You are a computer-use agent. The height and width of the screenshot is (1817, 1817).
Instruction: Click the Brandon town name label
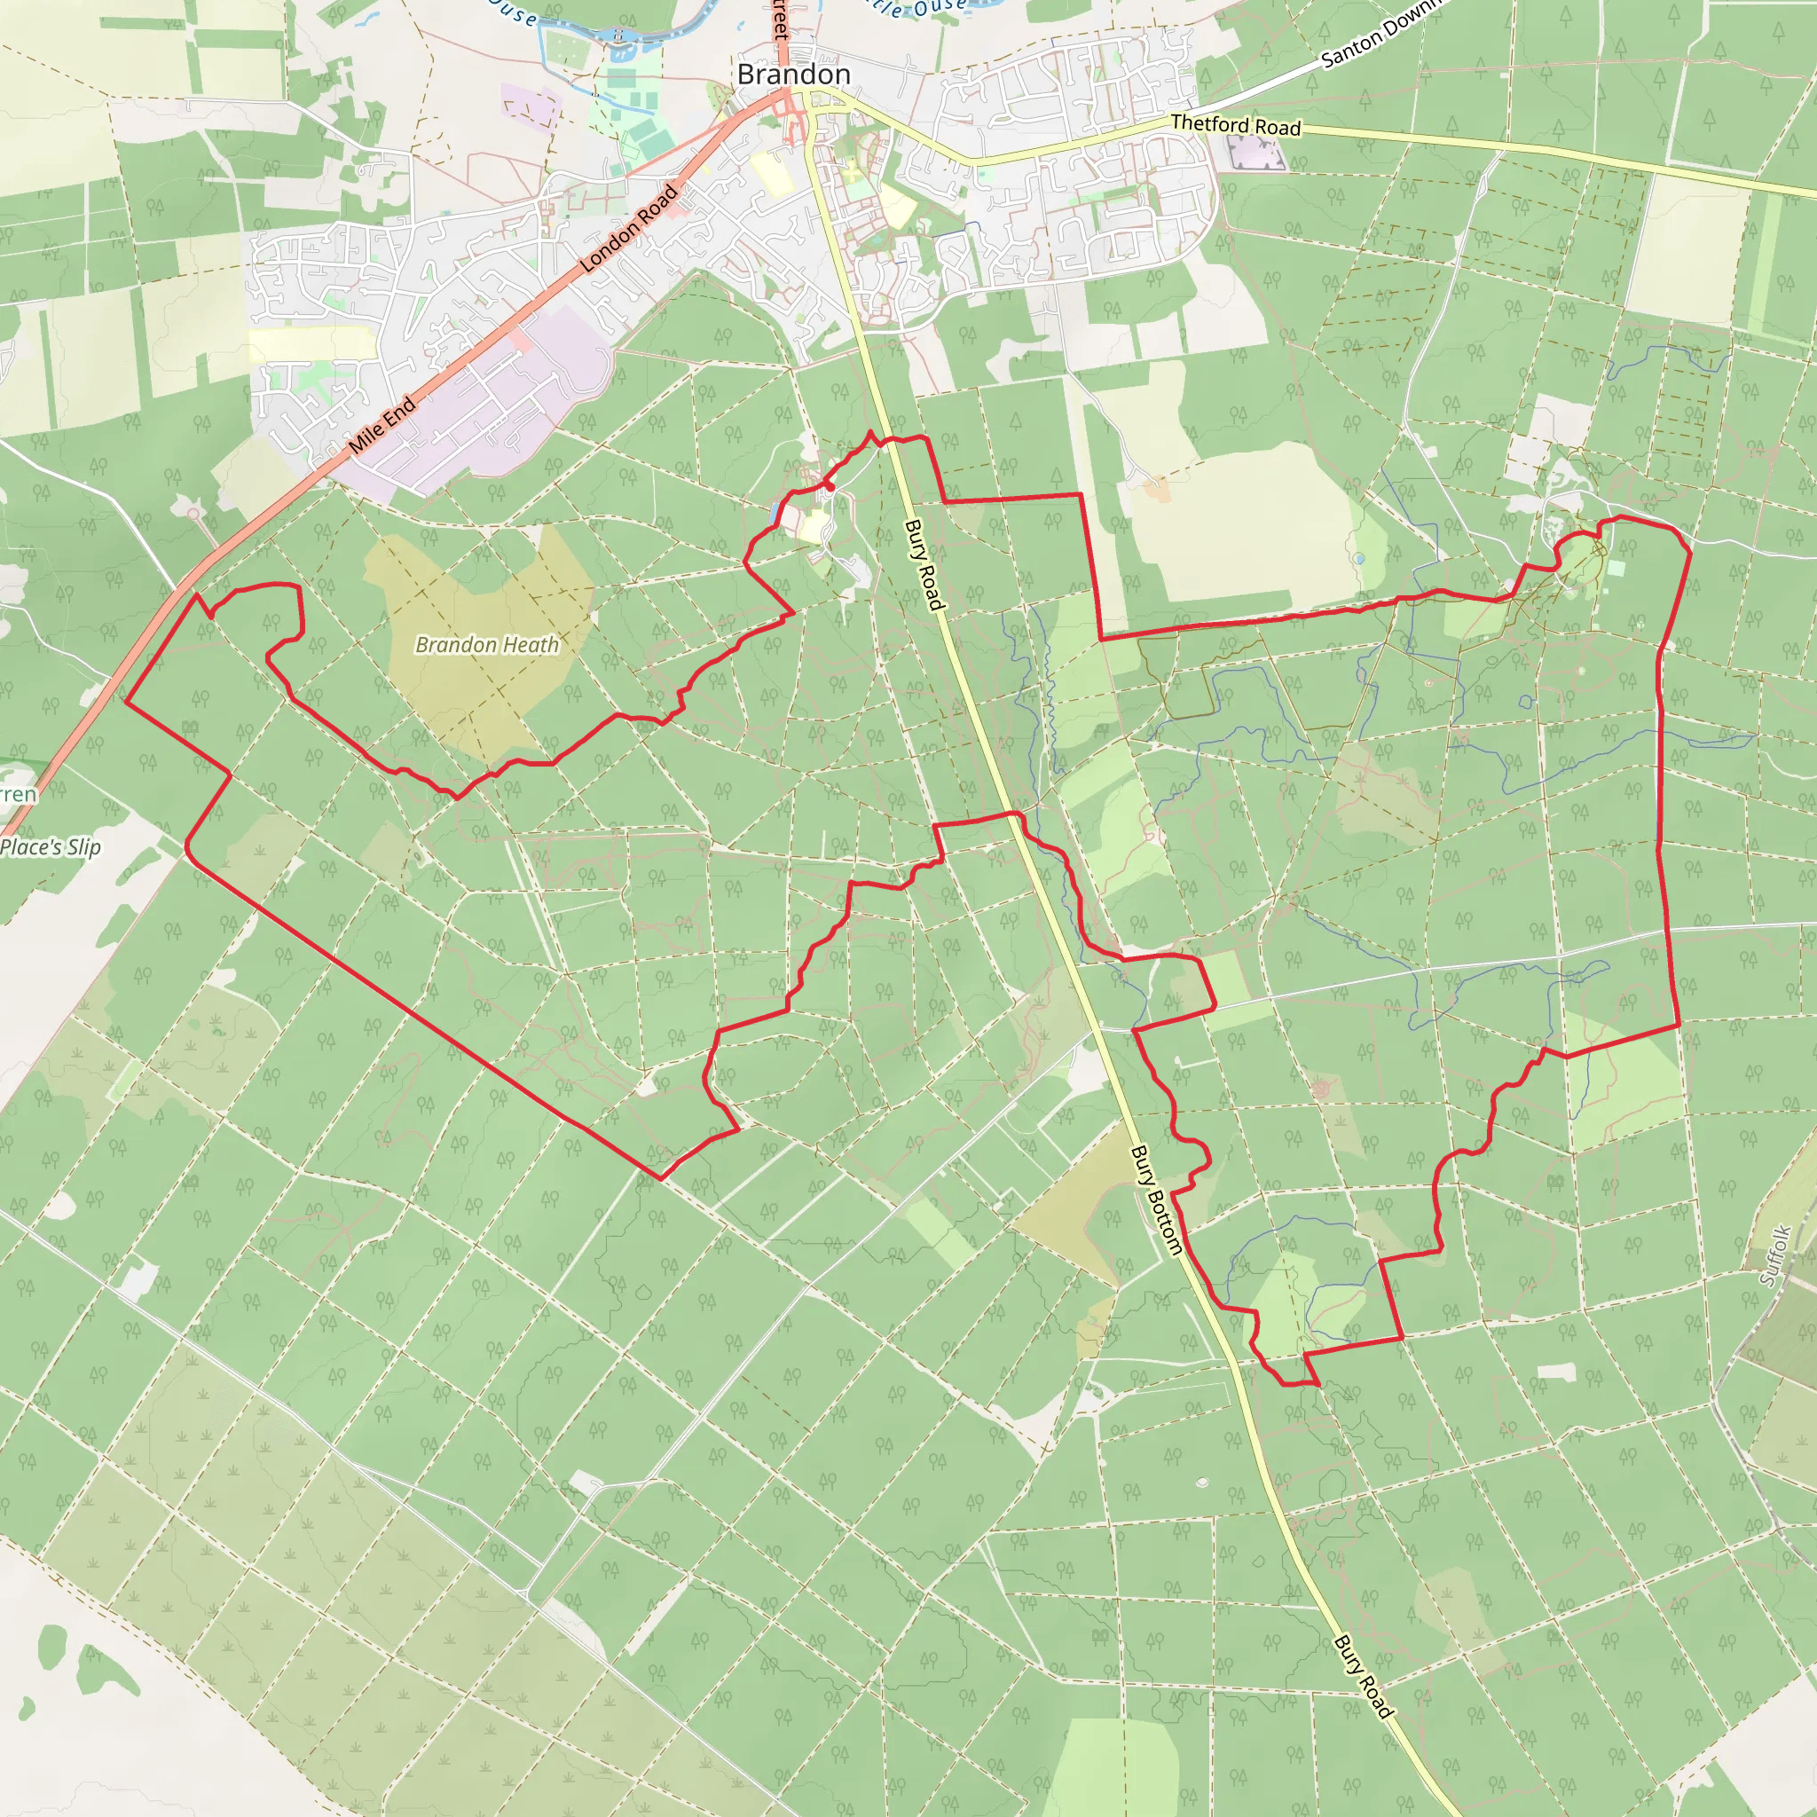tap(793, 75)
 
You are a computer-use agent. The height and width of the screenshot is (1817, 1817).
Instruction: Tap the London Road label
tap(628, 229)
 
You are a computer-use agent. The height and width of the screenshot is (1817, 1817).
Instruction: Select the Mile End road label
tap(381, 425)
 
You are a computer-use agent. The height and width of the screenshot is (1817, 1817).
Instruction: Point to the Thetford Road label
tap(1235, 125)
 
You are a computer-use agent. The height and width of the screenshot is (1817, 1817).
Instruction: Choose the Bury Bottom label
tap(1156, 1200)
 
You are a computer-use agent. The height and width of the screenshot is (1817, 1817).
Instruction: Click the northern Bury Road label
tap(924, 565)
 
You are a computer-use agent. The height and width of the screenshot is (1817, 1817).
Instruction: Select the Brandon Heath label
tap(487, 645)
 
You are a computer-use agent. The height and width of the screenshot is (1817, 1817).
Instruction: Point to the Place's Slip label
tap(51, 847)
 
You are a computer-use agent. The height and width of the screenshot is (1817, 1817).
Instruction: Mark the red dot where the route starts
tap(830, 487)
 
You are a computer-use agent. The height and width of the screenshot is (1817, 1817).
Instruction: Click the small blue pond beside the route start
tap(772, 513)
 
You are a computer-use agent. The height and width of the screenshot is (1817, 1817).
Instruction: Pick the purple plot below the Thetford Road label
tap(1255, 153)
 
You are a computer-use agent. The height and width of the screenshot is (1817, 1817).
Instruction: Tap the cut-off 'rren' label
tap(18, 795)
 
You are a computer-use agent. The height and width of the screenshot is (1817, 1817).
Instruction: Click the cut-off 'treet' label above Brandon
tap(780, 19)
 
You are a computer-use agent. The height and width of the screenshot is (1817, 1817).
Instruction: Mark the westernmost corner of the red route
tap(125, 701)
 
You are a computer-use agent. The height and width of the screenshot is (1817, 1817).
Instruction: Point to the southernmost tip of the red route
tap(1315, 1384)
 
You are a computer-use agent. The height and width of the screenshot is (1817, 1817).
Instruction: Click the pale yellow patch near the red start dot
tap(814, 526)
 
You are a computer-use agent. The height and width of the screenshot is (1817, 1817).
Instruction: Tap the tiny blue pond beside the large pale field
tap(1358, 559)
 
